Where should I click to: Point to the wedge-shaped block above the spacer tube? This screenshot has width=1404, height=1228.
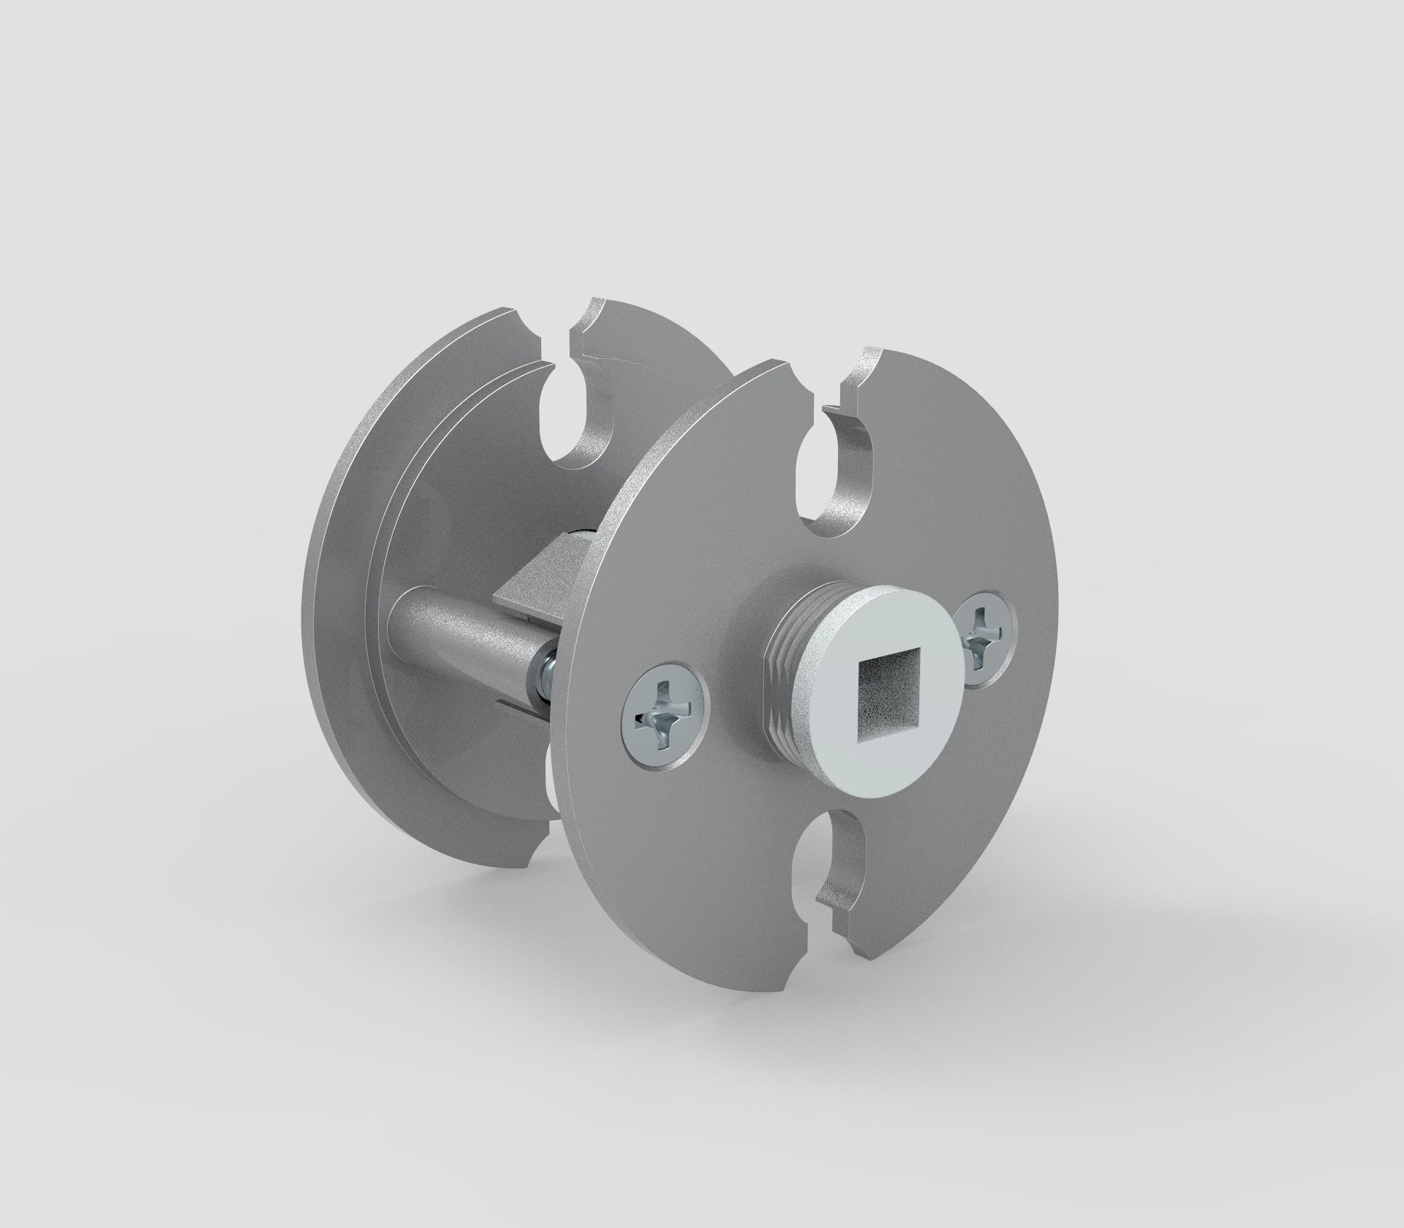point(541,577)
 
